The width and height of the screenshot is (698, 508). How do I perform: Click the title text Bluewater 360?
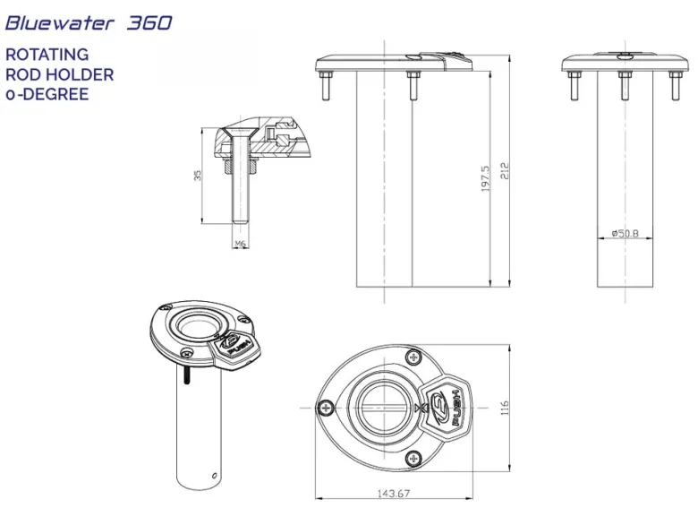(x=89, y=22)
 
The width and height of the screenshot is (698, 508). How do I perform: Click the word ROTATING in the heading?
(x=47, y=55)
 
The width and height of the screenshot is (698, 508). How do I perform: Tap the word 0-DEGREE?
(x=47, y=94)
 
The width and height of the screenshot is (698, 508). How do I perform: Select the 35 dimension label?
(x=198, y=175)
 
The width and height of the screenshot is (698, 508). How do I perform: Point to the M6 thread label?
(x=241, y=244)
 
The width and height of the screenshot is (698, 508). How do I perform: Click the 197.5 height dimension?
(x=485, y=178)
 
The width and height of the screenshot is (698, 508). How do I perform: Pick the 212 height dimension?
(x=505, y=170)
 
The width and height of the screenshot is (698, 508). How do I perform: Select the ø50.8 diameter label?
(x=625, y=233)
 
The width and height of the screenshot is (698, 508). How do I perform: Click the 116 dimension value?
(x=505, y=408)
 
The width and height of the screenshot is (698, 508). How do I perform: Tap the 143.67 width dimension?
(x=394, y=494)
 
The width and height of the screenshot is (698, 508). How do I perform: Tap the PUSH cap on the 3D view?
(x=234, y=348)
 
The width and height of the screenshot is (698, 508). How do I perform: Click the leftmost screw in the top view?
(x=327, y=408)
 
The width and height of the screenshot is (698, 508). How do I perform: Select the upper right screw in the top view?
(x=414, y=357)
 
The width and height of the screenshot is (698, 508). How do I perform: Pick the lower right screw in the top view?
(x=413, y=458)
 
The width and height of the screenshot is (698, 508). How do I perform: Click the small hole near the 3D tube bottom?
(x=215, y=476)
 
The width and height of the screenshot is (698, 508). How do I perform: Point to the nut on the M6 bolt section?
(x=241, y=168)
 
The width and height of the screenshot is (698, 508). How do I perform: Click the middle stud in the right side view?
(x=625, y=85)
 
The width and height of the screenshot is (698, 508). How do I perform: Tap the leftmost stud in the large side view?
(x=324, y=85)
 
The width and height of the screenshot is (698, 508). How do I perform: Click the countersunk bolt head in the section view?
(x=240, y=133)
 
